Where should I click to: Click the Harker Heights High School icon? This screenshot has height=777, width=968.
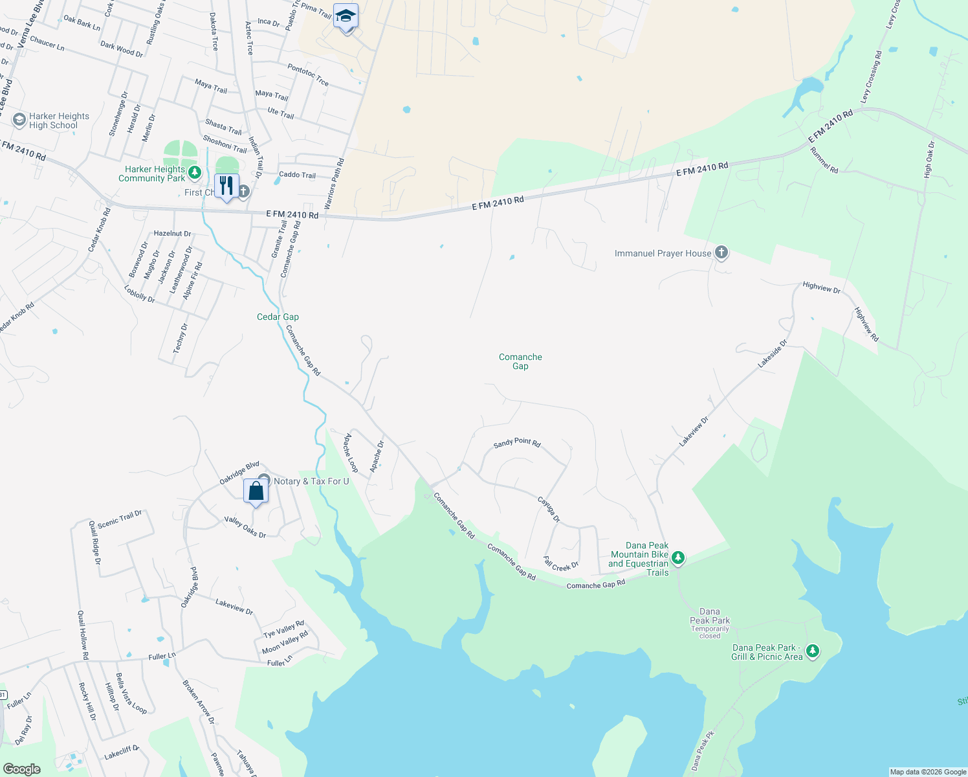pyautogui.click(x=19, y=120)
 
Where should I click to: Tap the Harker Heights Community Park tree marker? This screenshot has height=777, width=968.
pyautogui.click(x=195, y=173)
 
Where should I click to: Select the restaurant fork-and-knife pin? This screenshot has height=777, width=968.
pyautogui.click(x=226, y=186)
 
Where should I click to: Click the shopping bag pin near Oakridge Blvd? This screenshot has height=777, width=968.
pyautogui.click(x=256, y=491)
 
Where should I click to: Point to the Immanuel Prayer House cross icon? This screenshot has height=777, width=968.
pyautogui.click(x=721, y=253)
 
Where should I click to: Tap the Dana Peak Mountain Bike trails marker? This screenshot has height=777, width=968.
pyautogui.click(x=677, y=557)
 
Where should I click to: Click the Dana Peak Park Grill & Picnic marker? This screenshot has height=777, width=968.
pyautogui.click(x=813, y=651)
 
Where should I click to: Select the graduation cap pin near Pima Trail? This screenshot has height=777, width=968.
pyautogui.click(x=346, y=17)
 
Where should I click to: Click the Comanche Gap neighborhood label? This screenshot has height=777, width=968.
pyautogui.click(x=520, y=361)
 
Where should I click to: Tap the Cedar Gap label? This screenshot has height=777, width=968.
pyautogui.click(x=278, y=317)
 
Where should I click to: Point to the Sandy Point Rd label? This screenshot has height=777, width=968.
pyautogui.click(x=517, y=442)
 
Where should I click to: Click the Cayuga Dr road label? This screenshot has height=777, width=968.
pyautogui.click(x=549, y=510)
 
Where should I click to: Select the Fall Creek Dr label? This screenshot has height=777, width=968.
pyautogui.click(x=561, y=565)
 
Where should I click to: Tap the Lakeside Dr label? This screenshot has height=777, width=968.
pyautogui.click(x=773, y=354)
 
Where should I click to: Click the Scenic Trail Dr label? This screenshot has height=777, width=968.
pyautogui.click(x=120, y=519)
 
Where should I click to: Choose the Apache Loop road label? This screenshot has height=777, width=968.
pyautogui.click(x=351, y=453)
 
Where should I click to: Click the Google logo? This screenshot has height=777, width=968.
pyautogui.click(x=22, y=769)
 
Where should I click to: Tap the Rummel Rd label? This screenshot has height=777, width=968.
pyautogui.click(x=824, y=160)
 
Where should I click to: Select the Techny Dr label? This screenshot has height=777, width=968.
pyautogui.click(x=180, y=338)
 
